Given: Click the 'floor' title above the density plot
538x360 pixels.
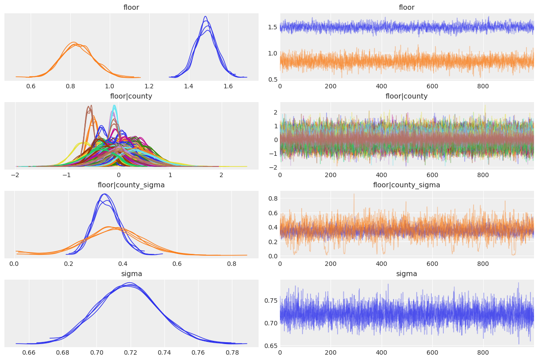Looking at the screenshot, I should pyautogui.click(x=132, y=8).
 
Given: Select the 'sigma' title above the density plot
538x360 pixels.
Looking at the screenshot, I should pyautogui.click(x=132, y=274).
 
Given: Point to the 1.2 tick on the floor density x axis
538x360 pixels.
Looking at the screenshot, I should pyautogui.click(x=149, y=86).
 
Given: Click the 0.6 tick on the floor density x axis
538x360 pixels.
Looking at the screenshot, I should pyautogui.click(x=31, y=86).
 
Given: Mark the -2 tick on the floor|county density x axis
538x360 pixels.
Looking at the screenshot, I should pyautogui.click(x=16, y=175).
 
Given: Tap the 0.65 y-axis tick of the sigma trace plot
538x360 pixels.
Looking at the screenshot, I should pyautogui.click(x=271, y=346).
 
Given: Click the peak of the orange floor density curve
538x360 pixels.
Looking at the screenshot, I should pyautogui.click(x=74, y=43).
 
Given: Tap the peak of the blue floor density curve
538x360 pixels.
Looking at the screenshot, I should pyautogui.click(x=205, y=17).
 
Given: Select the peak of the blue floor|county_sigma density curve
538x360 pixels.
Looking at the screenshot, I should pyautogui.click(x=104, y=194).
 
